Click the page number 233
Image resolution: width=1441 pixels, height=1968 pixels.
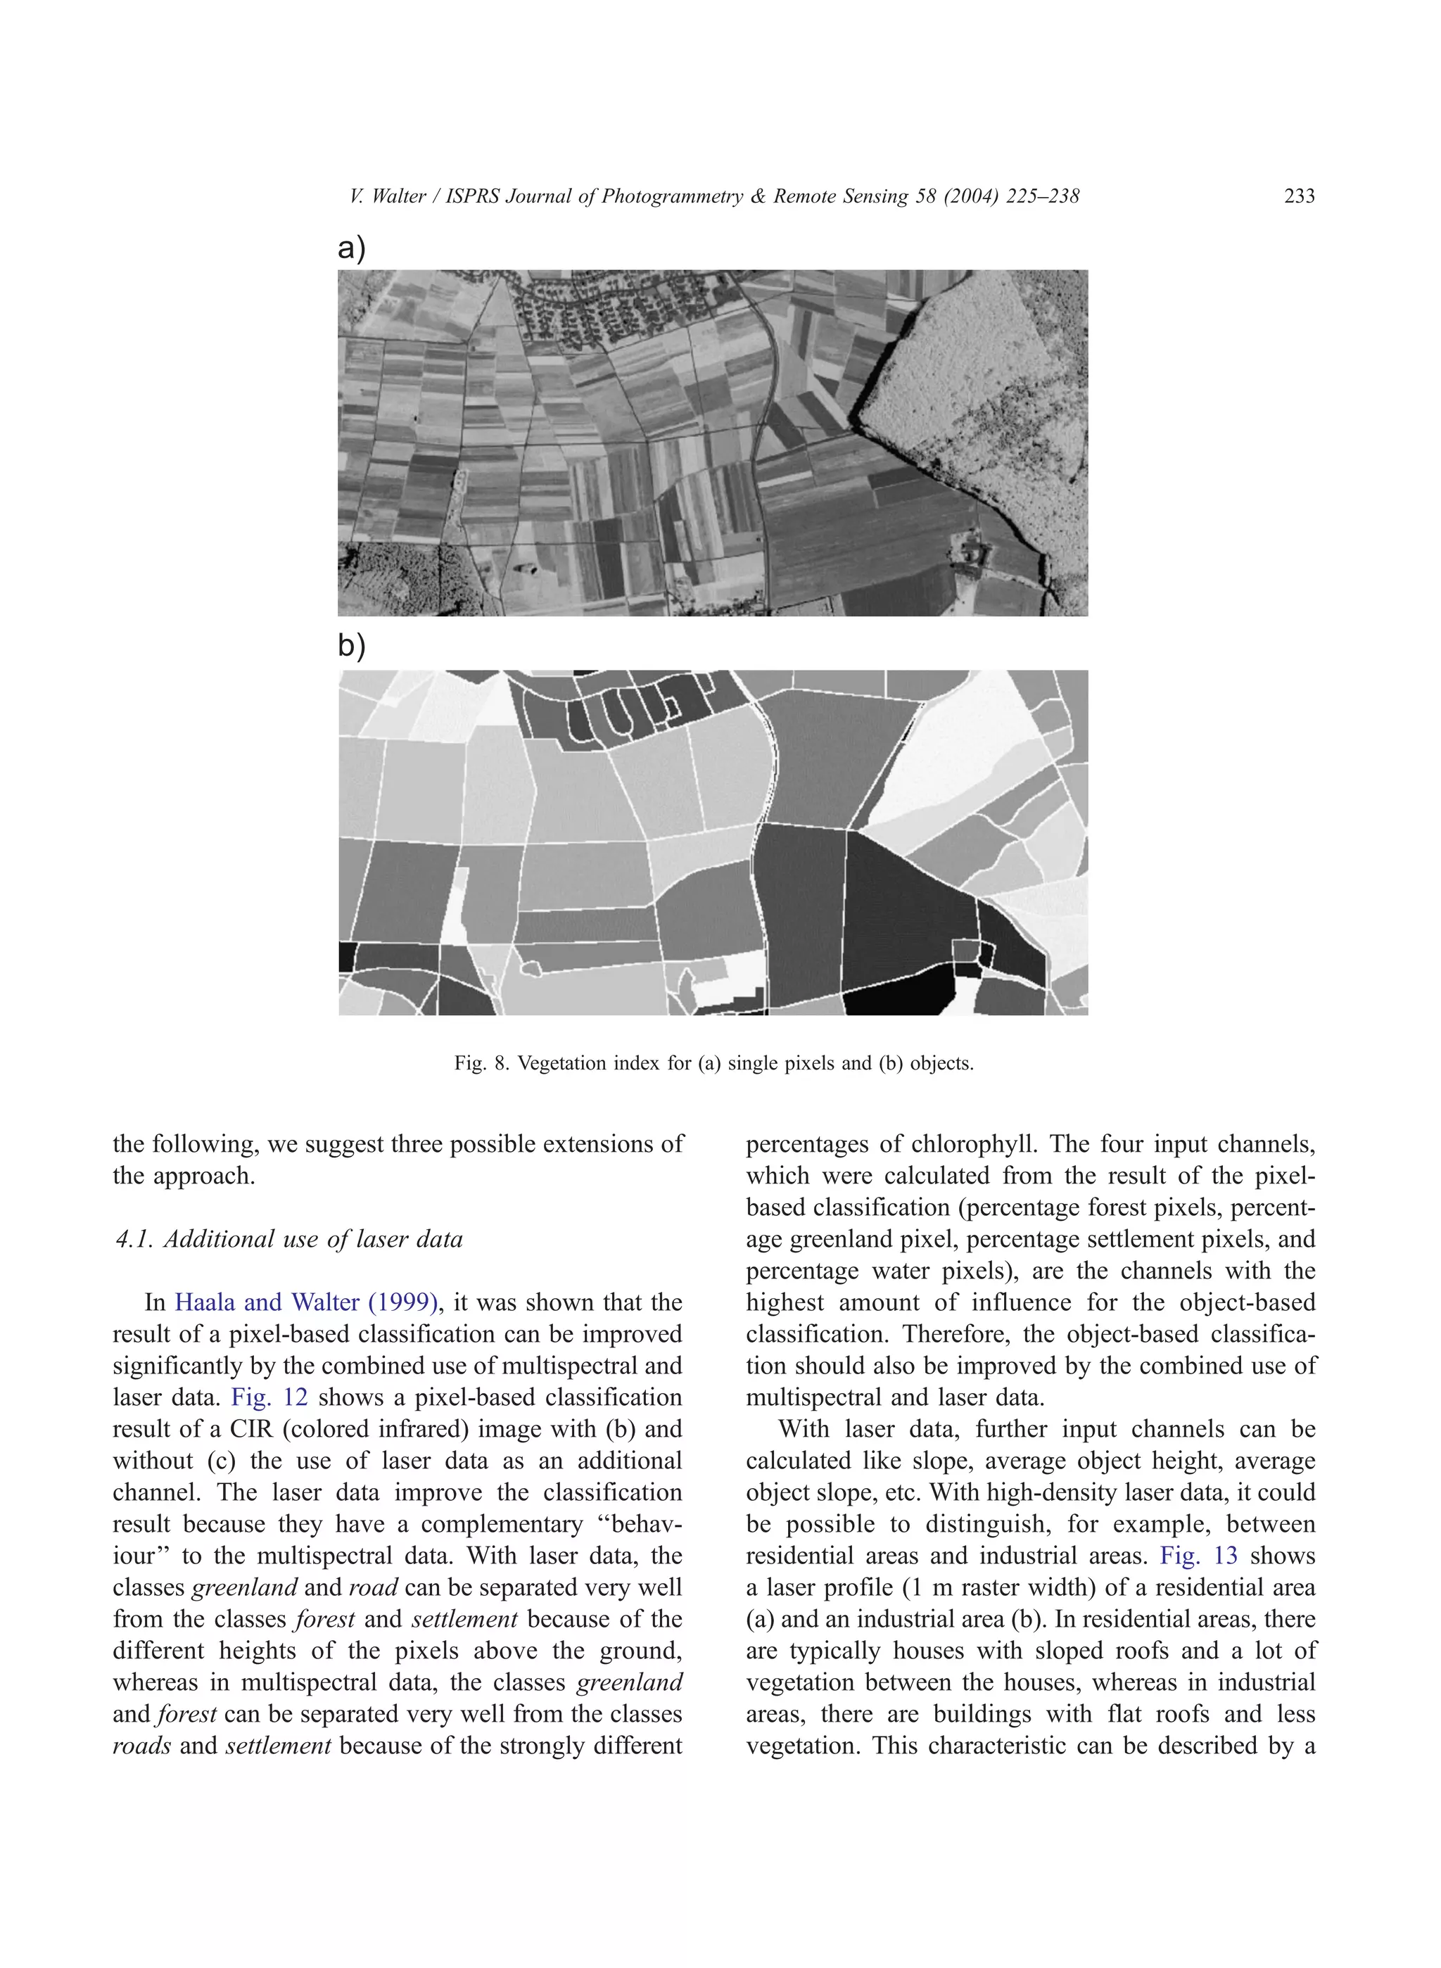click(1298, 196)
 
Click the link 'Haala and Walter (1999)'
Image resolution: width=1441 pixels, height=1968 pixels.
click(305, 1302)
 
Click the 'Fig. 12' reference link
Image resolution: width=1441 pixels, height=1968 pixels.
click(269, 1397)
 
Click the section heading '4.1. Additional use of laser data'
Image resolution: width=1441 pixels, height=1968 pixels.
click(288, 1240)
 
